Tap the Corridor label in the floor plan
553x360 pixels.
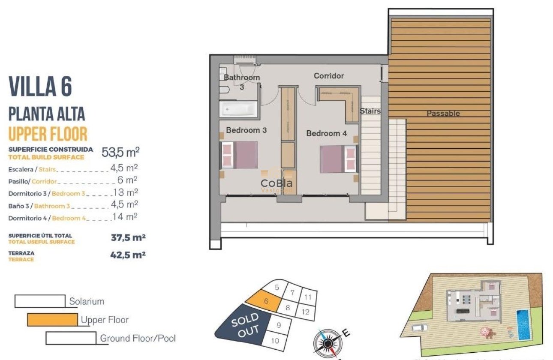coord(328,76)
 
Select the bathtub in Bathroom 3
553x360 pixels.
coord(239,109)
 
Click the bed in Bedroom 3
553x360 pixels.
coord(239,155)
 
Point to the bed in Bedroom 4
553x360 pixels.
coord(339,159)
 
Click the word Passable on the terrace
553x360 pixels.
coord(443,114)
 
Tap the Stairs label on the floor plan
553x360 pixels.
coord(370,111)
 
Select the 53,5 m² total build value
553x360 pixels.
coord(120,152)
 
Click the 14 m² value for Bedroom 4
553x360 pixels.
coord(125,217)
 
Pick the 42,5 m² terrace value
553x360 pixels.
coord(128,255)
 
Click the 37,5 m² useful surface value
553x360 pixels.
coord(128,237)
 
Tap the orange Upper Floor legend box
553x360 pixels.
coord(52,319)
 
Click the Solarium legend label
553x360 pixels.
coord(87,301)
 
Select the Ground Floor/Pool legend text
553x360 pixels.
coord(138,338)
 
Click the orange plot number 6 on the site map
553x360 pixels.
coord(266,301)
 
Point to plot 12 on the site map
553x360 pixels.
coord(305,312)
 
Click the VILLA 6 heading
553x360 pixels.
coord(40,87)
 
